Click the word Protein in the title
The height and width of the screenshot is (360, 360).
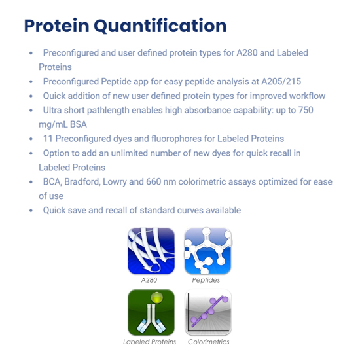[x=57, y=26]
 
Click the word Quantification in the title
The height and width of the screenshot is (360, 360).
[x=160, y=26]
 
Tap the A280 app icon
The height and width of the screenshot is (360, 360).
[x=151, y=251]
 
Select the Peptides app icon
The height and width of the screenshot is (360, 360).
[x=207, y=251]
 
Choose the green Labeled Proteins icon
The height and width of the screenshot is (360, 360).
[x=151, y=312]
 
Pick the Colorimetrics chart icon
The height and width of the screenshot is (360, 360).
[x=207, y=312]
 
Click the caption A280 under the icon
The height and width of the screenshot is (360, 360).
[x=149, y=280]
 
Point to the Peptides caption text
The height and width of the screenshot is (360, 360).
[x=206, y=280]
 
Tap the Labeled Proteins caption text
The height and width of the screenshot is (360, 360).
[x=149, y=342]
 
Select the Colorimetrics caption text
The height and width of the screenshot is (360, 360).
[x=208, y=342]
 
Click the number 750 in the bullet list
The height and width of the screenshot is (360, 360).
[x=306, y=110]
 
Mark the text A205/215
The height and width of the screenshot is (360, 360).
[x=281, y=82]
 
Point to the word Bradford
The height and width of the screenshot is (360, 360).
[x=82, y=182]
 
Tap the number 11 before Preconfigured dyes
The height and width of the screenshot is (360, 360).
[x=48, y=139]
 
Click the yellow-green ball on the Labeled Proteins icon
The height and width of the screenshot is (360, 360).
[x=157, y=298]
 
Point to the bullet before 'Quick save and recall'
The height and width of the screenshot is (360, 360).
[x=31, y=211]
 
